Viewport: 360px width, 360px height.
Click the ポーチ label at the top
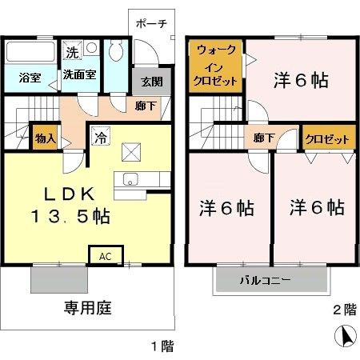[151, 22]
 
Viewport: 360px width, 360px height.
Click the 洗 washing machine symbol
[72, 53]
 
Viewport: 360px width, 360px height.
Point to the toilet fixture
[115, 54]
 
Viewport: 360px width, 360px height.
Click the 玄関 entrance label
[152, 81]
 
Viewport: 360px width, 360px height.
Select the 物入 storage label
[45, 138]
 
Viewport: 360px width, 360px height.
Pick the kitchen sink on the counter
[131, 177]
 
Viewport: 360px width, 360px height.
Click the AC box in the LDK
[106, 256]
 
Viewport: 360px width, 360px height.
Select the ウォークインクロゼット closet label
[215, 65]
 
